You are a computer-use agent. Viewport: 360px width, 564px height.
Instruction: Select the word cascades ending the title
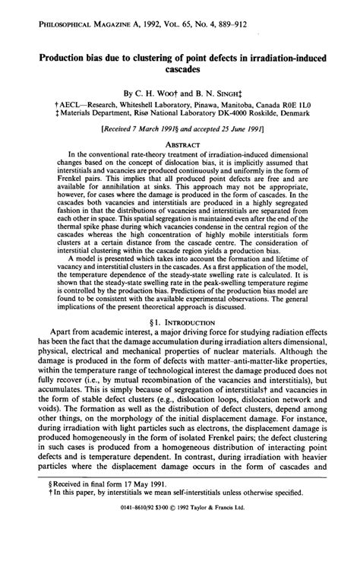point(181,69)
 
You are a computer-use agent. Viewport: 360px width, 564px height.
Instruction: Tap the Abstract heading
point(180,146)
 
